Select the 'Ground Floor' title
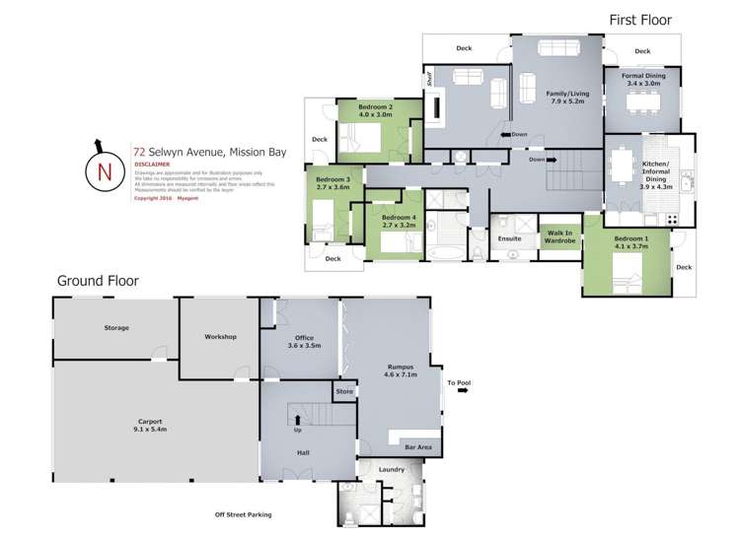tap(98, 281)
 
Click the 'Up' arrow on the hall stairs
tap(298, 421)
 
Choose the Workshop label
tap(220, 337)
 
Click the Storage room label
tap(116, 328)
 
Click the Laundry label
tap(391, 469)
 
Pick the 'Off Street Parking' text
tap(243, 513)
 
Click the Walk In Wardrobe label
tap(560, 236)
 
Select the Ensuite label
tap(509, 237)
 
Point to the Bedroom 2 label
tap(376, 110)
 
